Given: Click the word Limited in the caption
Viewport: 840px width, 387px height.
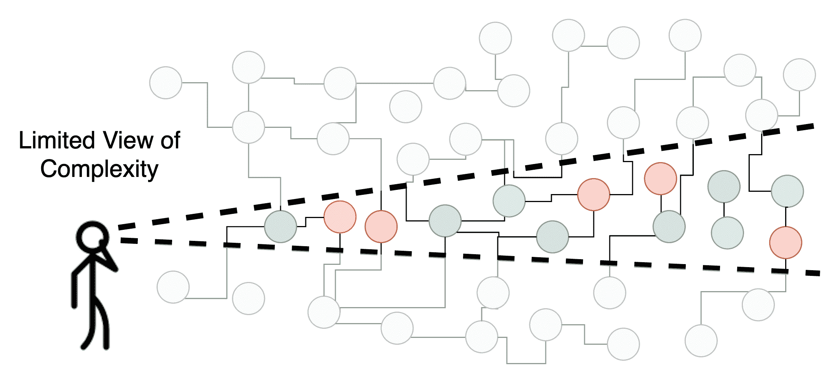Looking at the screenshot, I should (57, 140).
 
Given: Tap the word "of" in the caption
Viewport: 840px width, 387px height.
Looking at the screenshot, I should (170, 140).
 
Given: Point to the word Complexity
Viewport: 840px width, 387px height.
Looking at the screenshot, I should (99, 169).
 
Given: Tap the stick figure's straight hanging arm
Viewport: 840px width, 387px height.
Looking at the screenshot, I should (75, 289).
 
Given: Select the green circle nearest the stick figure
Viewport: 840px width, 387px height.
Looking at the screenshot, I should (281, 226).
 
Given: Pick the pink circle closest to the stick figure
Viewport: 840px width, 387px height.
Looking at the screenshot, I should (340, 217).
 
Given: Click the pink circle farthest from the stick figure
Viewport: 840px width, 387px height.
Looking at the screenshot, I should (786, 242).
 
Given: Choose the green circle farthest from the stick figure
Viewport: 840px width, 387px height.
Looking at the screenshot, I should (787, 191).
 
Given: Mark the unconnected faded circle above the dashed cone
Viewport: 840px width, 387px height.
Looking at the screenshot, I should (406, 107).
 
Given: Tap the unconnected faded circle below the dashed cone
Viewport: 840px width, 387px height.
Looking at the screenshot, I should (248, 298).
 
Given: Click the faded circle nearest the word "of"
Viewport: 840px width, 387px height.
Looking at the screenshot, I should (166, 83).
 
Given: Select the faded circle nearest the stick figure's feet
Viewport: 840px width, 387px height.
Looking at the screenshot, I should (173, 287).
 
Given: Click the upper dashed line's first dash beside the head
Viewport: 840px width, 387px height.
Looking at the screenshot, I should (127, 226).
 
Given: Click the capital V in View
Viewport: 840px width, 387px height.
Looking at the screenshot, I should (111, 140).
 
